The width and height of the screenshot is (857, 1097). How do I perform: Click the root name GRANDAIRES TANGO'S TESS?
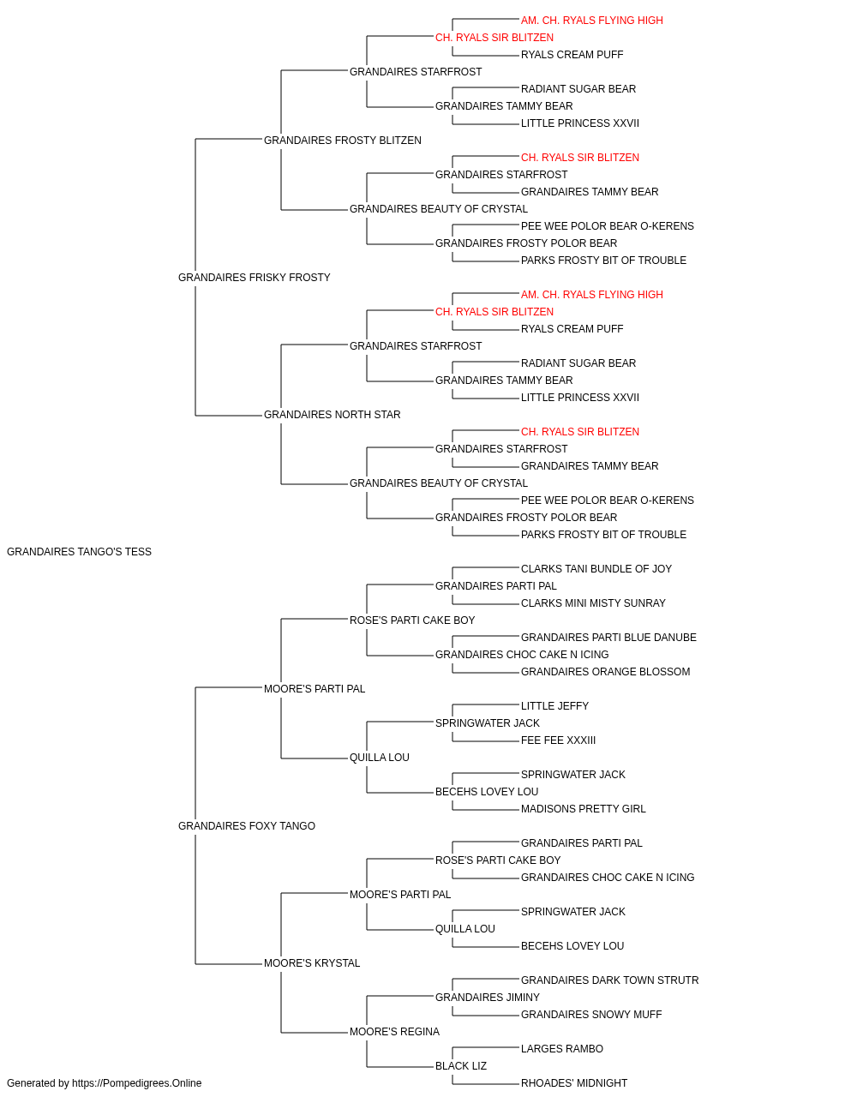79,552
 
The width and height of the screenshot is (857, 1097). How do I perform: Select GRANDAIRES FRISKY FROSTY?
255,278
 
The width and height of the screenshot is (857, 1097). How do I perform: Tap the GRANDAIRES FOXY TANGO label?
247,826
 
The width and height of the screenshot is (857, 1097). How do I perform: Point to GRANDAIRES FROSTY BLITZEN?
343,141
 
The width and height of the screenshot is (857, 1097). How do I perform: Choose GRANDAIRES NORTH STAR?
333,415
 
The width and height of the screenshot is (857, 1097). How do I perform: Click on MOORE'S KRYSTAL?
312,963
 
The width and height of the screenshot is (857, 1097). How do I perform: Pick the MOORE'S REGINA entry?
395,1032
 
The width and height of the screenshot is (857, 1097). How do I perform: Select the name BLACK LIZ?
461,1066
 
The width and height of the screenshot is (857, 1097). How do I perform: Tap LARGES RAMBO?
562,1049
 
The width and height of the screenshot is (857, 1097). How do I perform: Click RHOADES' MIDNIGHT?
574,1083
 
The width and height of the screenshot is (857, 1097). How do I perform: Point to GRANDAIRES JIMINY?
488,998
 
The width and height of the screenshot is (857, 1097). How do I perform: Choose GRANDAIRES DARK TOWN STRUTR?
610,980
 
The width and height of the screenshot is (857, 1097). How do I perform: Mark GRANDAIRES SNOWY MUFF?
591,1015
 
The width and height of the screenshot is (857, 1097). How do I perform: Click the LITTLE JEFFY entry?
555,706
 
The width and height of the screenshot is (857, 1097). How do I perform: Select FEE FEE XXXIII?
558,740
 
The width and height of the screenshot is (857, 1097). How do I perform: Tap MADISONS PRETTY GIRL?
584,809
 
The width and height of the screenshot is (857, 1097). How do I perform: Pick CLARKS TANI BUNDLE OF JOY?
596,569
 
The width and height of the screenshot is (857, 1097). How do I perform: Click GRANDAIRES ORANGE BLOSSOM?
606,672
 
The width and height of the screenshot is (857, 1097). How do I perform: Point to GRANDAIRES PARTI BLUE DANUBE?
608,638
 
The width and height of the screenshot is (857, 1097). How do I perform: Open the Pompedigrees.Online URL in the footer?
137,1083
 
